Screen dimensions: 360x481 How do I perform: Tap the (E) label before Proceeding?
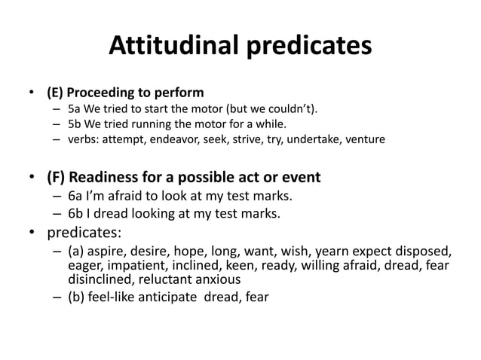coord(54,93)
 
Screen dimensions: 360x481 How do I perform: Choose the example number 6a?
coord(76,197)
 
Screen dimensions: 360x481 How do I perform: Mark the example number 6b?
coord(76,214)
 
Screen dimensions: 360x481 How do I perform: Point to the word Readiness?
coord(113,178)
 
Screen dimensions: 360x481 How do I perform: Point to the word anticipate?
coord(181,296)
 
